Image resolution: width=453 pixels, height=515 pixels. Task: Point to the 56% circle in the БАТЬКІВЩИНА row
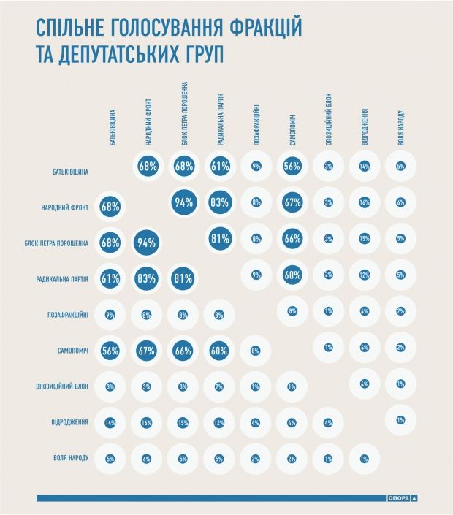coord(292,167)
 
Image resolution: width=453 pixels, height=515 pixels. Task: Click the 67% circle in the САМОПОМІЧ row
coord(148,350)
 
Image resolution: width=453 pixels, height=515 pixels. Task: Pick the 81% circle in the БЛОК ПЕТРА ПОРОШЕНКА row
coord(220,239)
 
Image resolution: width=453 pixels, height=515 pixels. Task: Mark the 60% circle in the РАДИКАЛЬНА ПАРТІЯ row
coord(292,275)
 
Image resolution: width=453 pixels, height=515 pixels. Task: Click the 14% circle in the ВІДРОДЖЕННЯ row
coord(112,422)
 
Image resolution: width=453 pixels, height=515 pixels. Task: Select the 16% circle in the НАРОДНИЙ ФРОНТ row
coord(364,203)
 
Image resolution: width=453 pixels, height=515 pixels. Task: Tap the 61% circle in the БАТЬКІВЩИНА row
coord(220,167)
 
